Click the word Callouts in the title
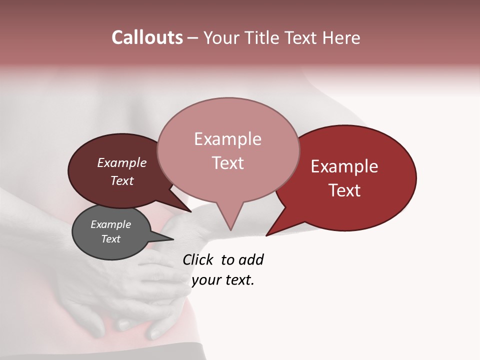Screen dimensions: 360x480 click(x=147, y=37)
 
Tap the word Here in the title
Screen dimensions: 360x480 click(x=341, y=37)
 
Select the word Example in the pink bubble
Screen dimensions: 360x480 click(x=227, y=139)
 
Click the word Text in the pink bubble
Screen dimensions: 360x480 click(x=227, y=163)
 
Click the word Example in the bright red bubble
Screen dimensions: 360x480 click(x=344, y=166)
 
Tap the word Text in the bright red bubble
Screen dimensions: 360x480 click(x=344, y=190)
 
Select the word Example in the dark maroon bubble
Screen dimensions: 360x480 click(x=122, y=163)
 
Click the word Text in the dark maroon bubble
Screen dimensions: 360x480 click(x=122, y=180)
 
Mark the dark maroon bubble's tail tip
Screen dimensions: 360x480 click(x=190, y=211)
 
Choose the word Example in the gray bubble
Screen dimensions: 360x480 click(x=111, y=224)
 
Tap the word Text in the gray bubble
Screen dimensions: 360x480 click(x=111, y=239)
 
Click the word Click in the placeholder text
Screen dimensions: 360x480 click(x=198, y=259)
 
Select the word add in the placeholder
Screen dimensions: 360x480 click(x=250, y=259)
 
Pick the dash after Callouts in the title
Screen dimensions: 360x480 click(x=193, y=38)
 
